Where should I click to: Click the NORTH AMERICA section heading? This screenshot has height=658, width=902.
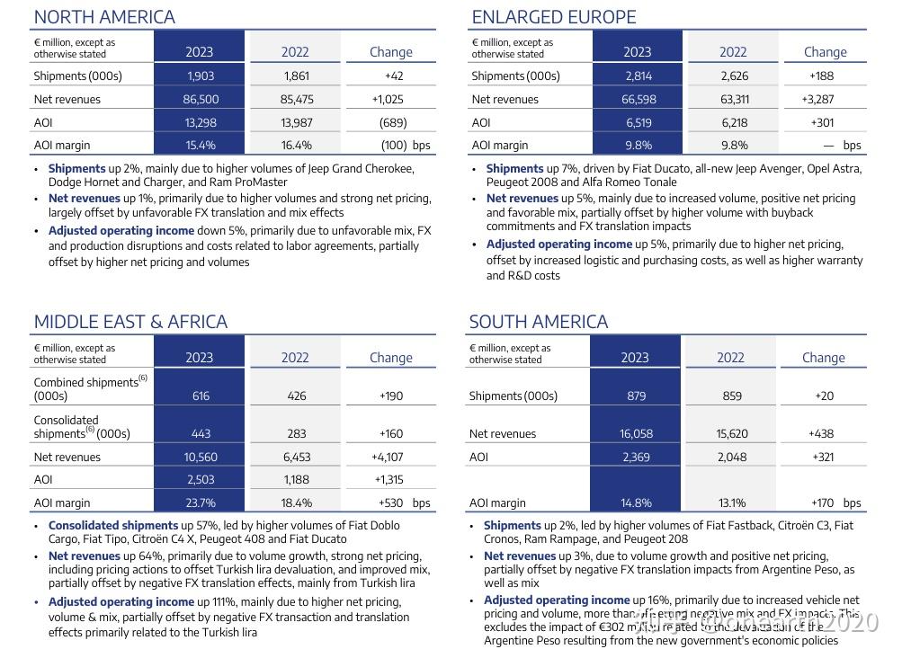tap(104, 17)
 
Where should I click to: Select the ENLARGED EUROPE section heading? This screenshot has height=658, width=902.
tap(553, 17)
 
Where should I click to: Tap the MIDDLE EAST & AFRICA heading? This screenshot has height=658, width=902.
tap(130, 322)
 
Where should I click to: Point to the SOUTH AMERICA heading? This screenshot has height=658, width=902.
tap(538, 322)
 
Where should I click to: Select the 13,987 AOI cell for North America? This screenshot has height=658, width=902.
tap(296, 122)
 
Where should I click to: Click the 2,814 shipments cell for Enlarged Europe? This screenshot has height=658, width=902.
tap(638, 76)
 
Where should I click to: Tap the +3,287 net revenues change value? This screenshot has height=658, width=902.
tap(817, 100)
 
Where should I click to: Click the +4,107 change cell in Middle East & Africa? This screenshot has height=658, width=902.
tap(388, 458)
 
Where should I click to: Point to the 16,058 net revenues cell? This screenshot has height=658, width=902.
tap(635, 434)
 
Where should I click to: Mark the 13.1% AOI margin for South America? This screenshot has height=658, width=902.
tap(732, 503)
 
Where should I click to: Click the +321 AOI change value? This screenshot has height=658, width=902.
tap(821, 457)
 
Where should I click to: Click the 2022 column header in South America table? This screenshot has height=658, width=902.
tap(730, 358)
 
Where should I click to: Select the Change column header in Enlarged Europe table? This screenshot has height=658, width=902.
tap(825, 52)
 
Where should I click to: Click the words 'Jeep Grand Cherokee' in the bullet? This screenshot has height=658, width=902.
tap(357, 168)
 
